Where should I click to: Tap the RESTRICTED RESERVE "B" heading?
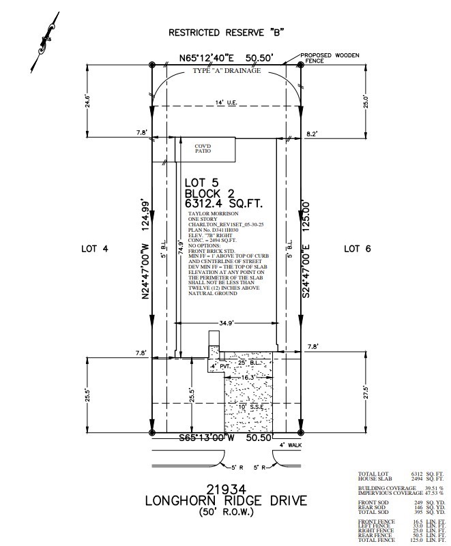(x=226, y=33)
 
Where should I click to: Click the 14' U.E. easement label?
(x=225, y=102)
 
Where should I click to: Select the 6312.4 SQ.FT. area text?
(x=223, y=203)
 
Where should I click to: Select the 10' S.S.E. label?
(x=249, y=408)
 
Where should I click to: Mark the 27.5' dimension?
(x=366, y=394)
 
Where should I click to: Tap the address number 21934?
(x=225, y=487)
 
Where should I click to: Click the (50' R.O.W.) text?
(x=225, y=511)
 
